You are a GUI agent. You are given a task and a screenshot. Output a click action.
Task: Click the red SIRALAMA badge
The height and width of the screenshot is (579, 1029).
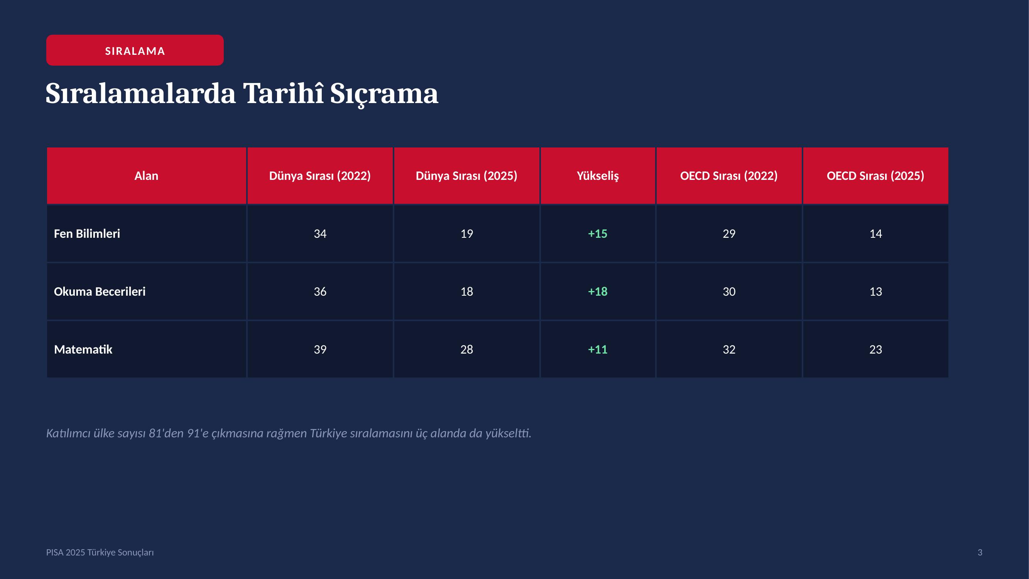135,50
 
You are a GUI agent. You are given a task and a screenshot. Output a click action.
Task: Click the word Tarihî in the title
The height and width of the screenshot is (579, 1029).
283,93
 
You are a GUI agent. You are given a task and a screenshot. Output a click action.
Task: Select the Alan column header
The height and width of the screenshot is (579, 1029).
146,176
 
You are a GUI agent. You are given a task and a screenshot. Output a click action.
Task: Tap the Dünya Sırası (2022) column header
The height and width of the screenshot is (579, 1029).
320,176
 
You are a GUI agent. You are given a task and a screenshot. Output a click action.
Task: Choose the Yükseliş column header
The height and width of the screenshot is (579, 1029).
598,176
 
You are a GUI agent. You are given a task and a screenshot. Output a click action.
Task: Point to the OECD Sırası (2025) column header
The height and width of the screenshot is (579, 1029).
875,176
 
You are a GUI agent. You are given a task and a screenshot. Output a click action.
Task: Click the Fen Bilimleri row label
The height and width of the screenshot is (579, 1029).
87,234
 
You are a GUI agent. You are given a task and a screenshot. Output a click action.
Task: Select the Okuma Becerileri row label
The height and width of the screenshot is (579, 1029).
100,292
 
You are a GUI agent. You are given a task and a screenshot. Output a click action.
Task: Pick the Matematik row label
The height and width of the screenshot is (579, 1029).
83,350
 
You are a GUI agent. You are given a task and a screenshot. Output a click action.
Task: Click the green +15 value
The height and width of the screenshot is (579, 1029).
598,234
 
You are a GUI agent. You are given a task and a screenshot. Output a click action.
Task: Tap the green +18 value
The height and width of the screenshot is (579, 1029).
598,292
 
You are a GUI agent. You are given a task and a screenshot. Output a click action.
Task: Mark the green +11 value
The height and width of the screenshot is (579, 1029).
598,350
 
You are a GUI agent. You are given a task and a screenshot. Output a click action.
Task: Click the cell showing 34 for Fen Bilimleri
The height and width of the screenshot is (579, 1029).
320,234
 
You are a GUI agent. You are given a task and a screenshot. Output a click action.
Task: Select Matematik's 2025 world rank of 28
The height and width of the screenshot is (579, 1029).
466,350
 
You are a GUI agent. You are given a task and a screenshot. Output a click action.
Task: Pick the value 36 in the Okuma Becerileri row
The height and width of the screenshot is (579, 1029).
320,292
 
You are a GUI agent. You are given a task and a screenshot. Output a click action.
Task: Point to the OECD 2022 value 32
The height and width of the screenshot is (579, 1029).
729,350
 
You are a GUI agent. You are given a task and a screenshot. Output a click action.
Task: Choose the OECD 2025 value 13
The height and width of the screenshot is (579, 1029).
875,292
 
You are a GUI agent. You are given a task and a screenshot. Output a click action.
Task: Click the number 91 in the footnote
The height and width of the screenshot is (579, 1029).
193,433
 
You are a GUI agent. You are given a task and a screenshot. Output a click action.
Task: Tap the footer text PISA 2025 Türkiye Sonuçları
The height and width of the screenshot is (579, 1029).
100,552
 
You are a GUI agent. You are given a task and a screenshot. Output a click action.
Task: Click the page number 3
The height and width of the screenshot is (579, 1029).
980,552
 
